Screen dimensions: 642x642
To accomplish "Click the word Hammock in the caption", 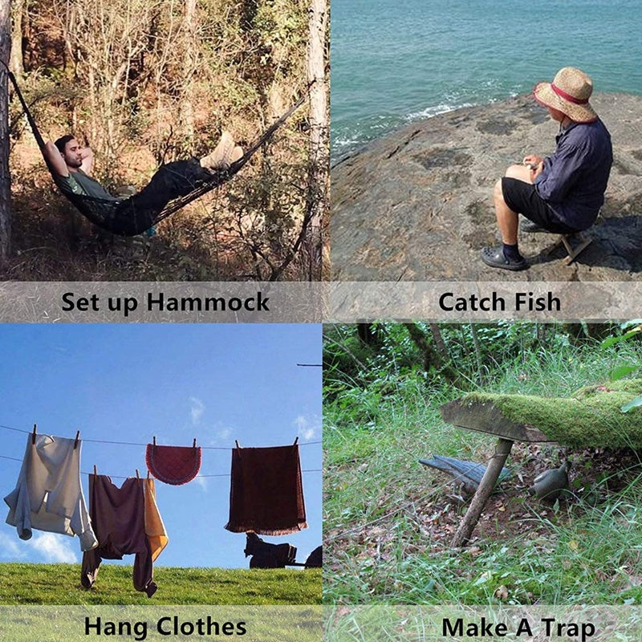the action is pyautogui.click(x=208, y=302).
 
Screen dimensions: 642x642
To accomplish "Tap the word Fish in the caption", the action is pyautogui.click(x=538, y=302).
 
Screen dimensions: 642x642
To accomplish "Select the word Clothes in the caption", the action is pyautogui.click(x=201, y=627).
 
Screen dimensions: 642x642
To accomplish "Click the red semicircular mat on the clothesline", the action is pyautogui.click(x=173, y=465).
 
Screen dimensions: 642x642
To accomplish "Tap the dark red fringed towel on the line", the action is pyautogui.click(x=266, y=490).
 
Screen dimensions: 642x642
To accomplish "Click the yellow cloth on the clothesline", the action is pyautogui.click(x=155, y=518).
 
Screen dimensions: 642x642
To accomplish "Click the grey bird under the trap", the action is pyautogui.click(x=549, y=482).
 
